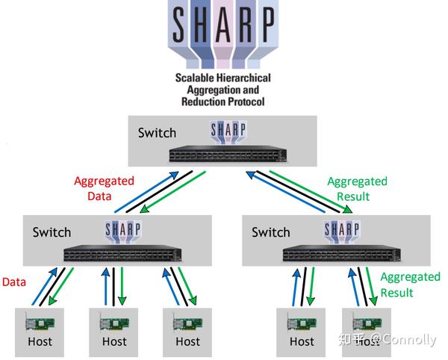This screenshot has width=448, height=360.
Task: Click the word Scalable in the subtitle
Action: coord(195,78)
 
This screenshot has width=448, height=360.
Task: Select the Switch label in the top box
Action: coord(157,133)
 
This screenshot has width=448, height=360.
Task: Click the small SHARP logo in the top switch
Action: coord(228,132)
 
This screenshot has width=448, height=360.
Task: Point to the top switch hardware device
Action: coord(228,154)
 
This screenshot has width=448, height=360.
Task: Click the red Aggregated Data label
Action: coord(104,188)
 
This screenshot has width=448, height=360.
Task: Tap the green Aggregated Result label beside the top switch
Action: coord(357,189)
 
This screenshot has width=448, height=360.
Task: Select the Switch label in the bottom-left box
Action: coord(52,232)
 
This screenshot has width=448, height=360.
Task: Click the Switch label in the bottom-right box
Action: coord(271,232)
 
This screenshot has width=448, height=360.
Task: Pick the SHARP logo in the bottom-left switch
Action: coord(123,232)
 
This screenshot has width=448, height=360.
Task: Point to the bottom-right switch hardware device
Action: coord(342,253)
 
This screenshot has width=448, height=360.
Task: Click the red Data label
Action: coord(14,282)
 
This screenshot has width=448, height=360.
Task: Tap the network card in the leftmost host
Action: coord(40,324)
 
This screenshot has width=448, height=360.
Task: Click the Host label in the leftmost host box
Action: coord(40,342)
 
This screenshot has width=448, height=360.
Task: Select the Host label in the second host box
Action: coord(114,342)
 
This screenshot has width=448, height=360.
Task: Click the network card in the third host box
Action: coord(187,324)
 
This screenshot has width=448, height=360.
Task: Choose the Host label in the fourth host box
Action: coord(302,342)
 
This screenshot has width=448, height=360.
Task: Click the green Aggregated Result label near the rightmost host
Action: coord(410,285)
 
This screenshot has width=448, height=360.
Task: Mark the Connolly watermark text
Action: coord(404,339)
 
